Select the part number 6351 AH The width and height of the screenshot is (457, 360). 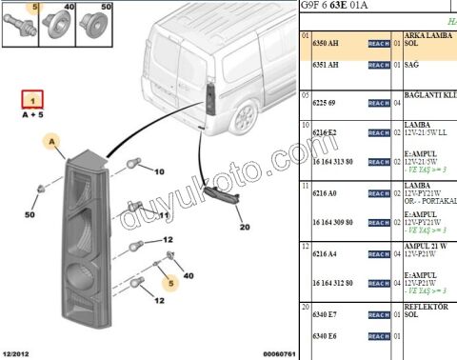pos(324,65)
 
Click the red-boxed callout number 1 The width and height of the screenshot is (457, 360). pos(34,99)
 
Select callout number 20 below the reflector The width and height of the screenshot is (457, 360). pos(245,227)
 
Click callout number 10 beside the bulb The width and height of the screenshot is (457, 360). pos(159,171)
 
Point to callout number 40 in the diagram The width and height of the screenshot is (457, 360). pos(188,276)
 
